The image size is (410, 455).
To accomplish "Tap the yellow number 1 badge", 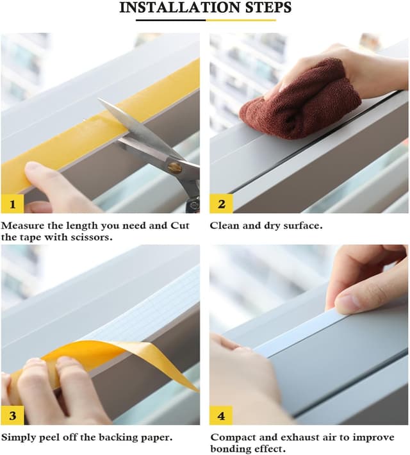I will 12,204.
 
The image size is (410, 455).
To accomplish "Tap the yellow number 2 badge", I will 221,204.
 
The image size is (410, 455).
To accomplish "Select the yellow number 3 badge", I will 12,415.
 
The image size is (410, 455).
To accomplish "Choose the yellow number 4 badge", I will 221,415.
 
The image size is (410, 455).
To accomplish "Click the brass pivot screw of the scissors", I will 174,168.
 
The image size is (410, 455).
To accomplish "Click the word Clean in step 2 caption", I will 224,226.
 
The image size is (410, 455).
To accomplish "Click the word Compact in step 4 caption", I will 231,437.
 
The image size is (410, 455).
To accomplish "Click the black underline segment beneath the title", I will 170,20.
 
